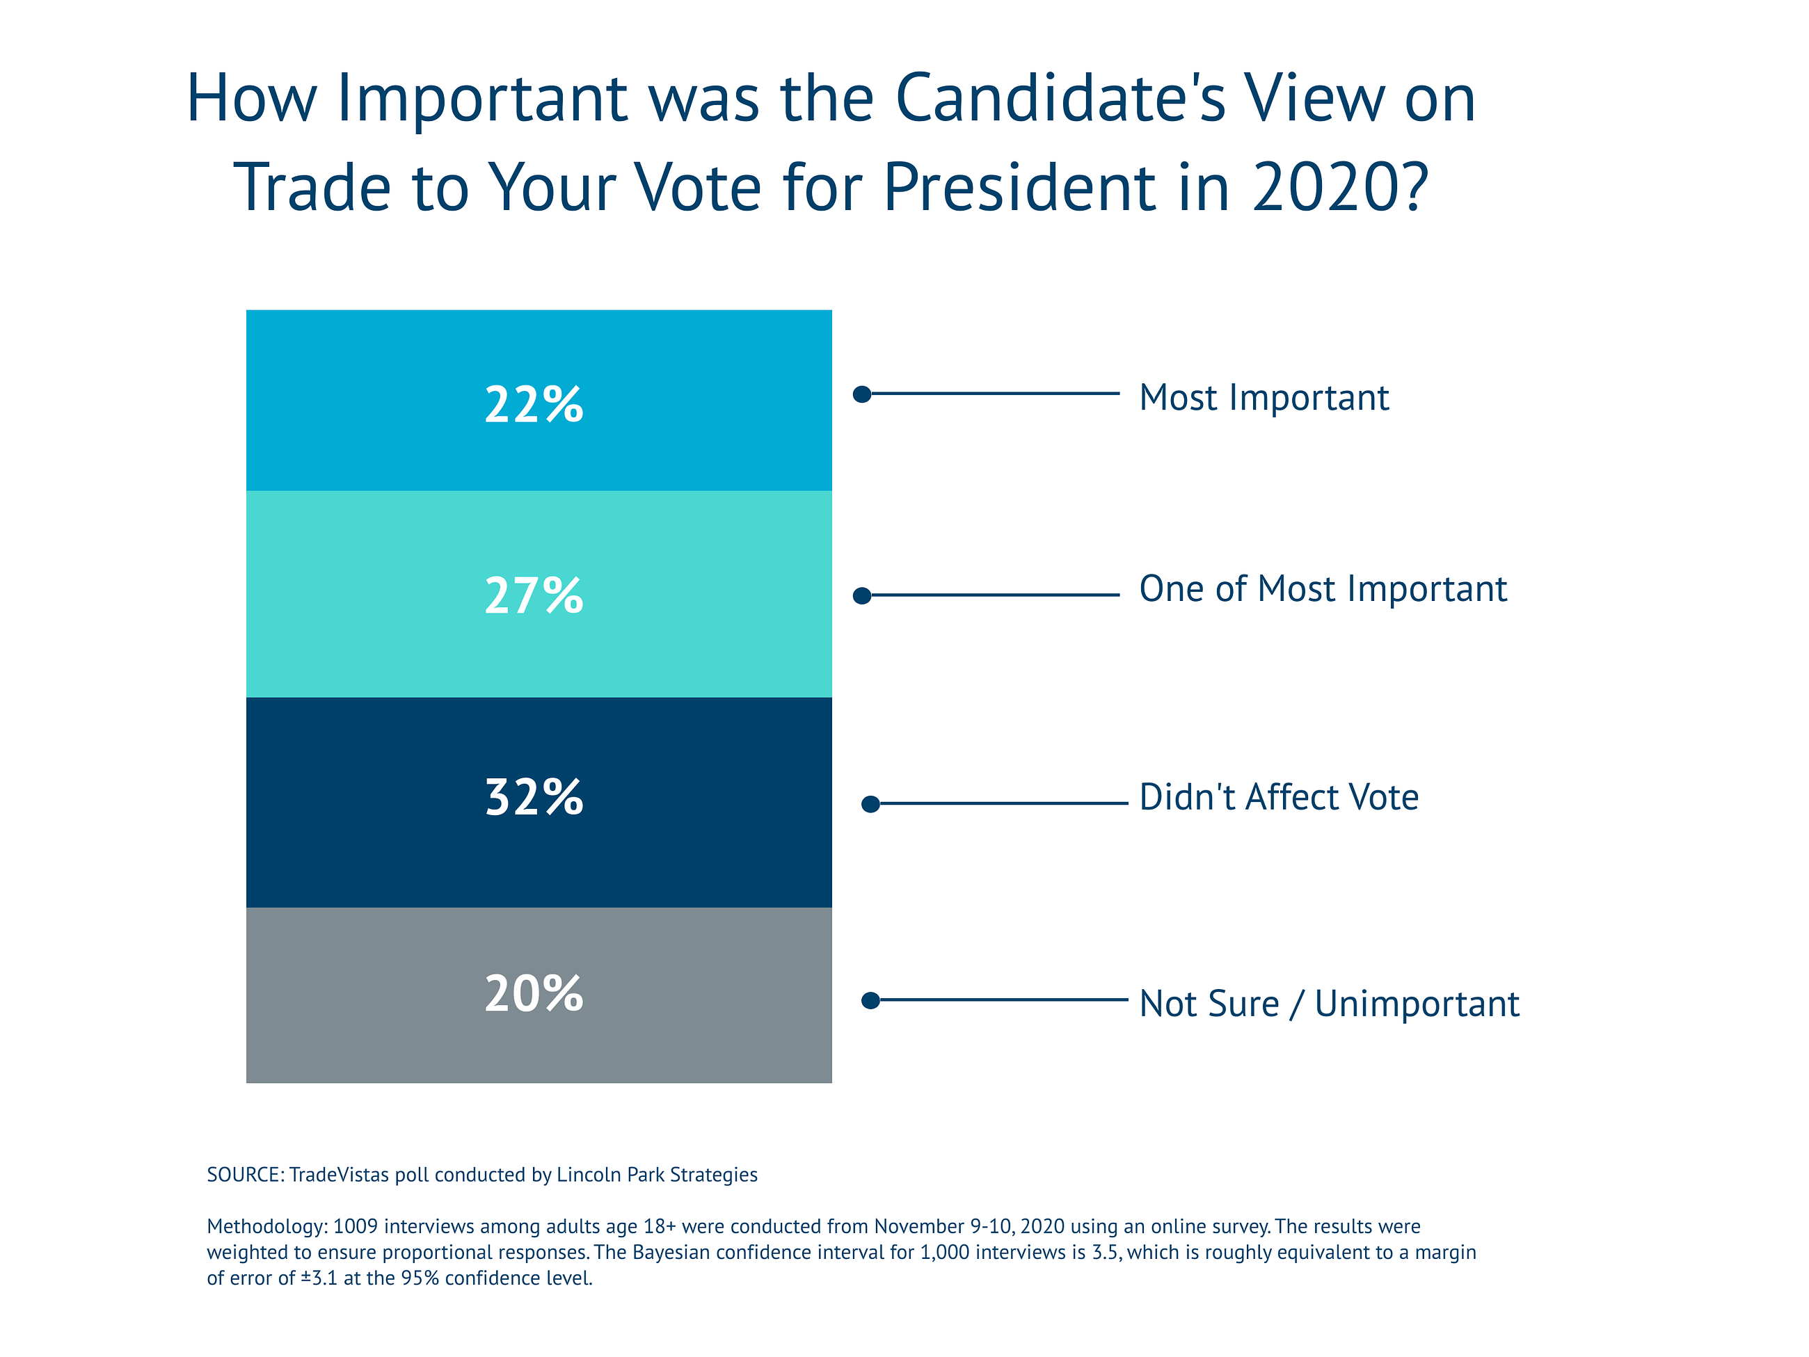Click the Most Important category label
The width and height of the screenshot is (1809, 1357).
pos(1264,398)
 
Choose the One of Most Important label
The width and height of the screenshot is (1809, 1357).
pos(1323,589)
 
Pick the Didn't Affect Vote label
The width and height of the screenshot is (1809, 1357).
pos(1278,797)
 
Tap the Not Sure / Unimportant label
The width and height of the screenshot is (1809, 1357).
pos(1329,1004)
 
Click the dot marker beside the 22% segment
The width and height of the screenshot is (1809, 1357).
pos(862,394)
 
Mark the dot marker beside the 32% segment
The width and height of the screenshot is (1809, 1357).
pos(871,804)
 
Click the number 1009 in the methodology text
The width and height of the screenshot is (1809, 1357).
pos(356,1226)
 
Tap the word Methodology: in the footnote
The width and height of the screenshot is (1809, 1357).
pos(266,1226)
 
